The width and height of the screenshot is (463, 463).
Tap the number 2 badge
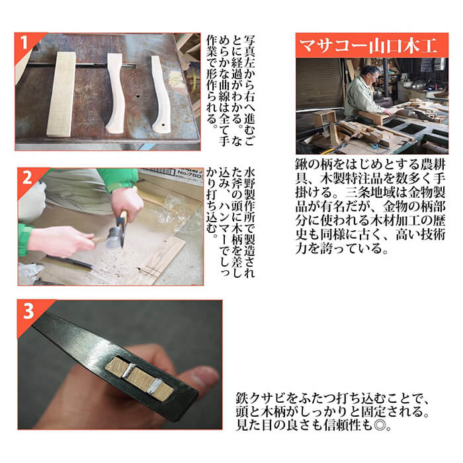[x=27, y=178]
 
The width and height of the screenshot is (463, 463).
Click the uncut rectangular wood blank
[x=62, y=94]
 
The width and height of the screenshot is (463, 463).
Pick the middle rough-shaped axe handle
[x=116, y=93]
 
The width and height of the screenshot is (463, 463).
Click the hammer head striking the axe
[x=113, y=237]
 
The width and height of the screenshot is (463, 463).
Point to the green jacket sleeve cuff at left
[x=25, y=239]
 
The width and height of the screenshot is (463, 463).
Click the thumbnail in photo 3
[x=204, y=378]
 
